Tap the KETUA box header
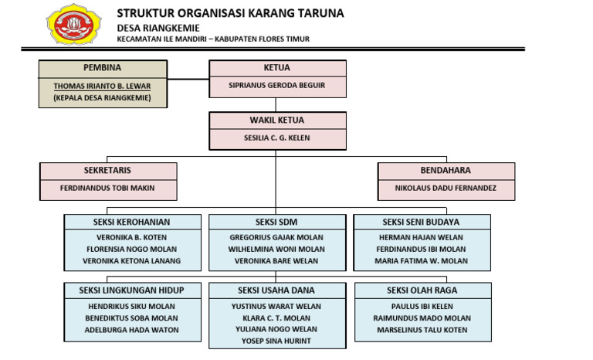[277, 68]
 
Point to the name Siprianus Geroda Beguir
[277, 86]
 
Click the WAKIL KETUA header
[277, 121]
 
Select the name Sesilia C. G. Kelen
[277, 138]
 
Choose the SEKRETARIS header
[108, 170]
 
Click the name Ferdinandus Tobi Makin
[108, 188]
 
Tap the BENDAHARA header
[446, 170]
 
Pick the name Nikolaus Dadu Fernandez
[446, 188]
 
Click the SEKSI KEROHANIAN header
[132, 222]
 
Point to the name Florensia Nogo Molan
[132, 250]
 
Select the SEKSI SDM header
[276, 222]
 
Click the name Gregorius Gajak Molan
[276, 238]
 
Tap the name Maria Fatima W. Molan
[422, 261]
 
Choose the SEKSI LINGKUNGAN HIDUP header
[132, 290]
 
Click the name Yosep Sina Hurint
[276, 341]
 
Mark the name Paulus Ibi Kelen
[422, 307]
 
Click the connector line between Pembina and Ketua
[190, 79]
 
